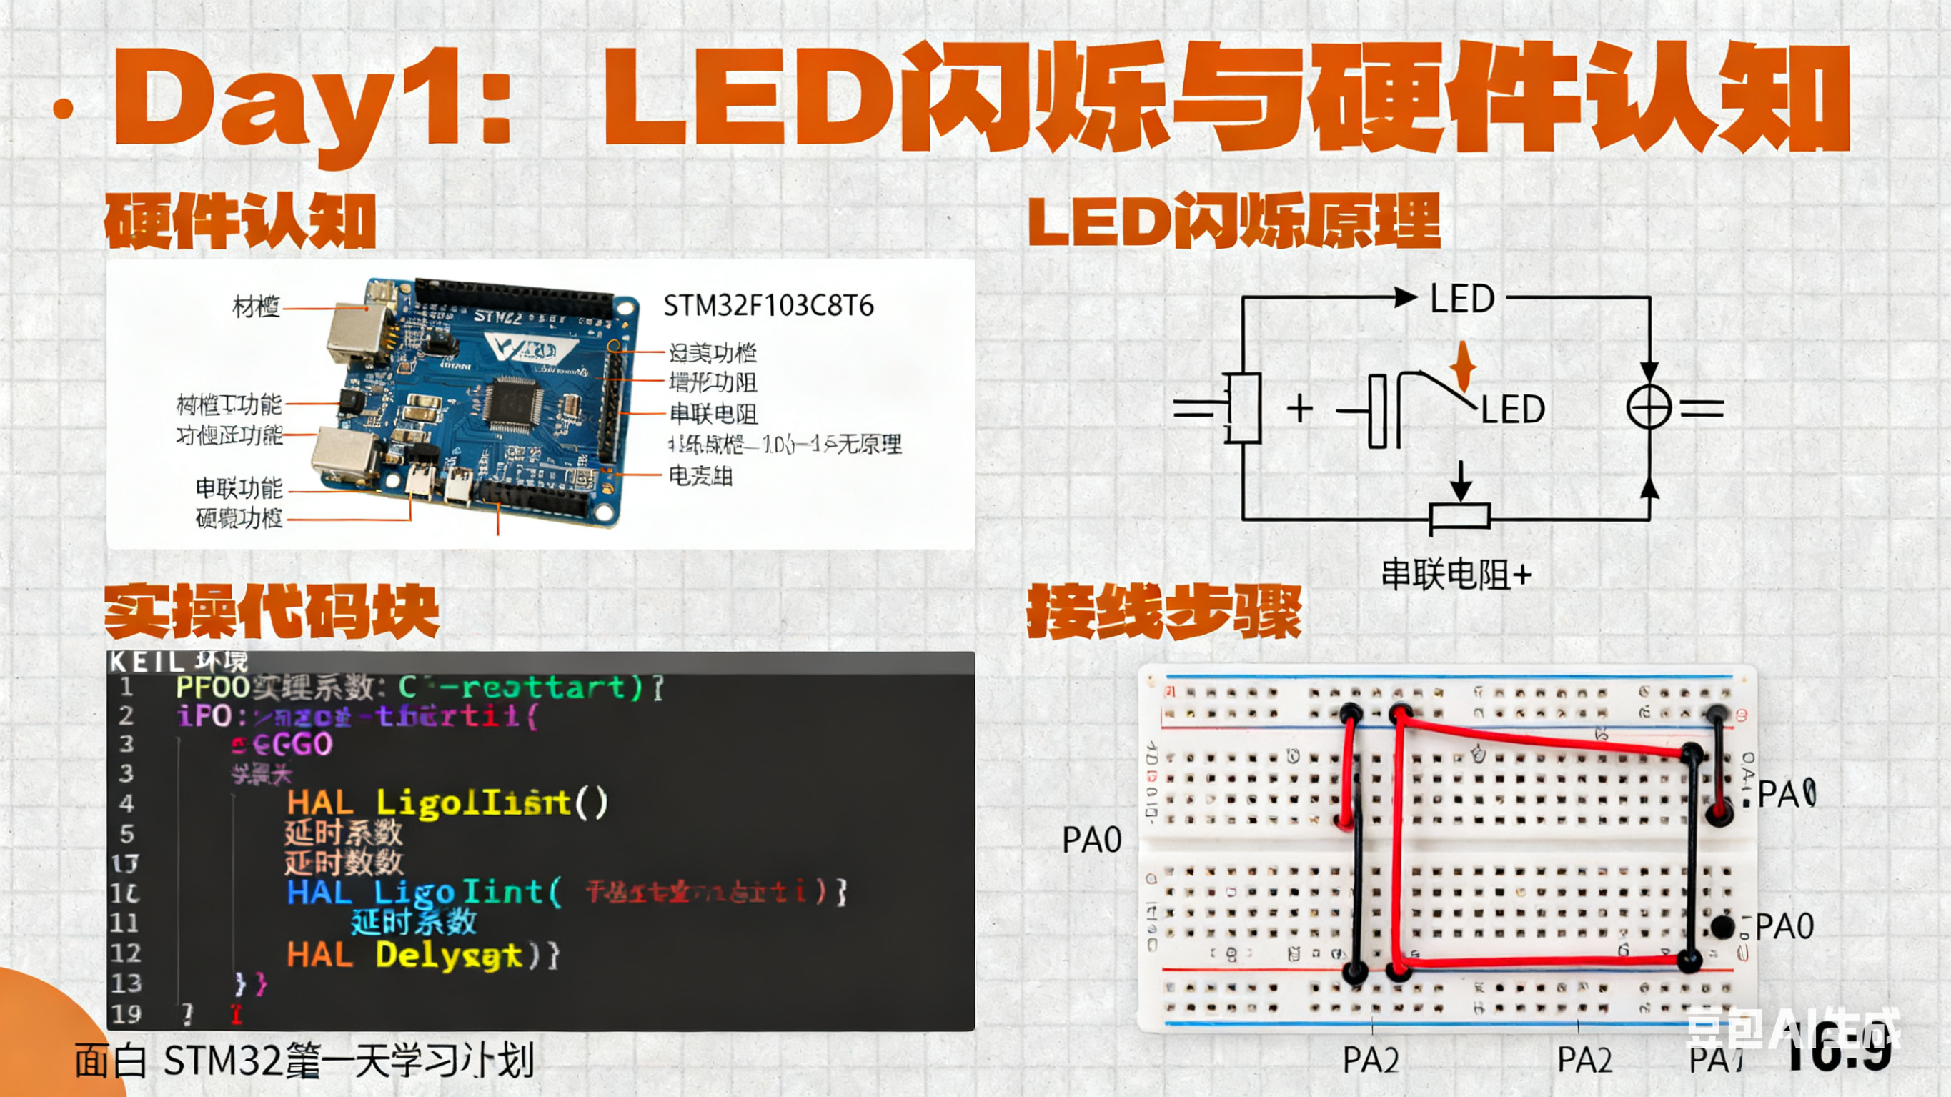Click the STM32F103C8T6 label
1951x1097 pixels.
pos(768,306)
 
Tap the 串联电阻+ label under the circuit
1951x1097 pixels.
pos(1456,575)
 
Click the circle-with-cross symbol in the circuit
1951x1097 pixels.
pos(1649,407)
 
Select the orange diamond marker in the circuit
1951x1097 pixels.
pos(1464,365)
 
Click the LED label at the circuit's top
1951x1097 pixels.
pos(1461,299)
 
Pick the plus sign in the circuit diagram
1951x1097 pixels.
pos(1300,408)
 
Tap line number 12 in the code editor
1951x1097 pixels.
pos(126,953)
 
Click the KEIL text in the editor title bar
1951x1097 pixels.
pos(147,661)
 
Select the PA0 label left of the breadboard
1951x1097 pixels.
pos(1091,840)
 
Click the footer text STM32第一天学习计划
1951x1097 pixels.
pos(349,1061)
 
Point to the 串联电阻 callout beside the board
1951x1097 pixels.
pos(713,414)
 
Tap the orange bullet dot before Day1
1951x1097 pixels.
pos(64,109)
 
